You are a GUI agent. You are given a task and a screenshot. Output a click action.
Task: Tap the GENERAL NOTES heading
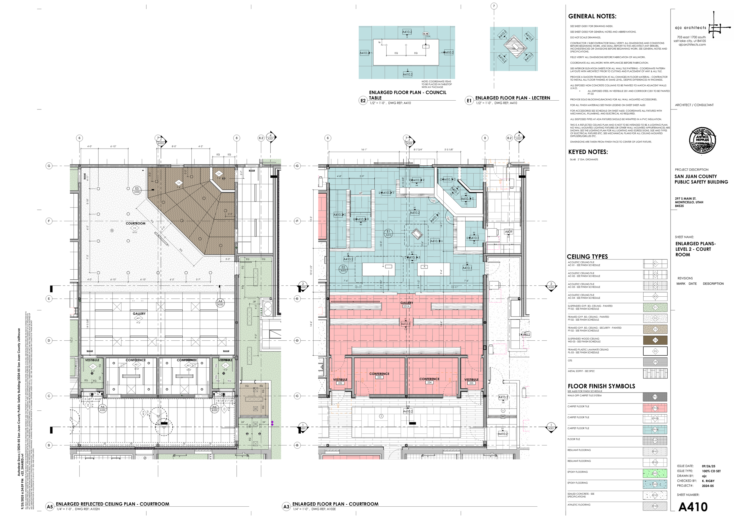coord(592,16)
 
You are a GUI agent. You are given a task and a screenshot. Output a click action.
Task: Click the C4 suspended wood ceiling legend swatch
coord(655,340)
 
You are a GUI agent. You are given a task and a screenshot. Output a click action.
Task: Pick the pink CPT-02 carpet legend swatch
coord(655,408)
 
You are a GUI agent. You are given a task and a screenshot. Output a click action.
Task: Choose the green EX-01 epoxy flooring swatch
coord(655,473)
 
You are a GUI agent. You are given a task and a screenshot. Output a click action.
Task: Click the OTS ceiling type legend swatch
coord(655,362)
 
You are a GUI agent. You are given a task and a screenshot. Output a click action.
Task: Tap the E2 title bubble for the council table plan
coord(363,101)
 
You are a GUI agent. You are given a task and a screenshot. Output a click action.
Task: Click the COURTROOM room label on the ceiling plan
coord(135,223)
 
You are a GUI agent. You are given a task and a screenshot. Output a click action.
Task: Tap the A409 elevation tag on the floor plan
coord(508,232)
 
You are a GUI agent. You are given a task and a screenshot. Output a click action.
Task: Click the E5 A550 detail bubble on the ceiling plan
coord(137,190)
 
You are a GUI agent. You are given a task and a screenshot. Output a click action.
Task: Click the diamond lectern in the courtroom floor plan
coord(417,234)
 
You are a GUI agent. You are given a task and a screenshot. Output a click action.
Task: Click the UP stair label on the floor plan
coord(361,193)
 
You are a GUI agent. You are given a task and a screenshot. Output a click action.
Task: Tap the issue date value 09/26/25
coord(708,466)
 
